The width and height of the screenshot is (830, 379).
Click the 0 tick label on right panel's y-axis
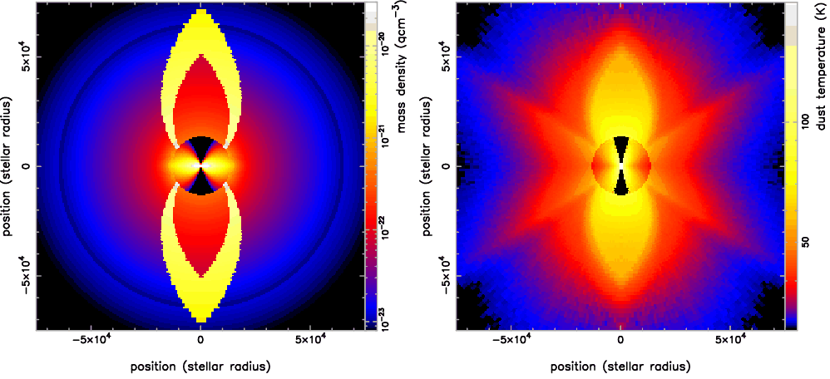point(447,165)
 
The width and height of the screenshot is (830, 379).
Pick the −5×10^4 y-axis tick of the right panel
point(447,276)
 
